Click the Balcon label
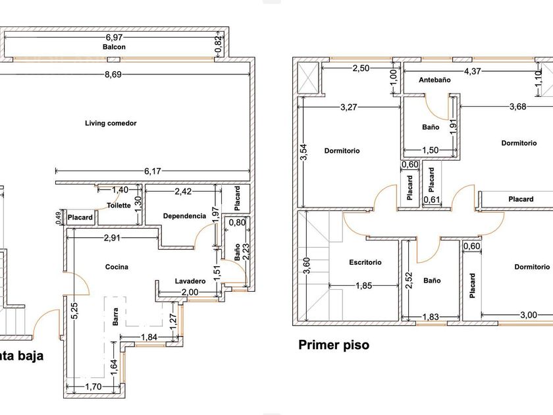point(114,47)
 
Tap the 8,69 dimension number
point(113,74)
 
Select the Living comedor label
point(111,123)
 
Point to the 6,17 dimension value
point(152,171)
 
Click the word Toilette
point(119,206)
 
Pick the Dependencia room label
point(184,216)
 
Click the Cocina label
point(117,267)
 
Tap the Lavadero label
point(190,281)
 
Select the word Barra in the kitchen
point(115,317)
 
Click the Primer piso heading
point(334,345)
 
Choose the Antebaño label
point(434,80)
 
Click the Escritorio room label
point(365,262)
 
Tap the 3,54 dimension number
point(304,152)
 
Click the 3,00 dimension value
point(528,315)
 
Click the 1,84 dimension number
point(149,337)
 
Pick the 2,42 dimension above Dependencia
point(183,191)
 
